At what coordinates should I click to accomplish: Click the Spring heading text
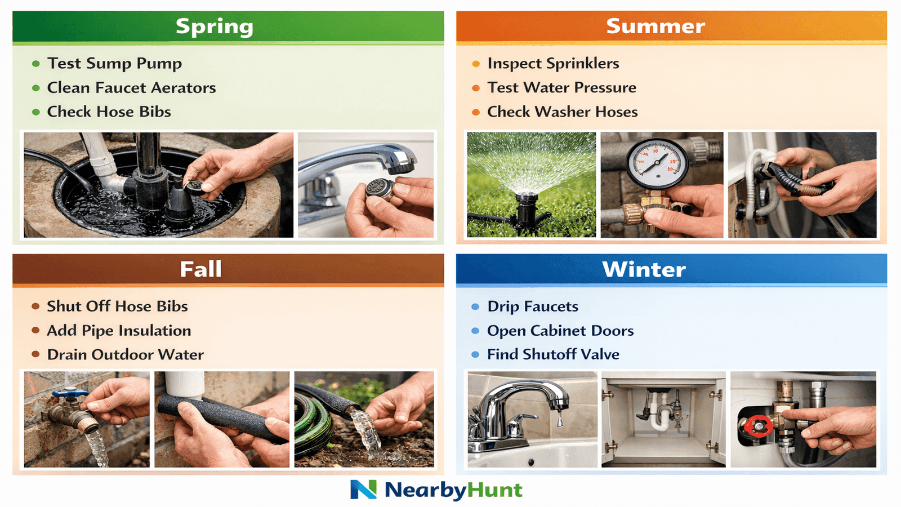pyautogui.click(x=215, y=26)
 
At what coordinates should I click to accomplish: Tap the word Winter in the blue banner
pyautogui.click(x=644, y=269)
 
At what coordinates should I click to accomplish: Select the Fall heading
pyautogui.click(x=201, y=269)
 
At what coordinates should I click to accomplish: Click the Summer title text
pyautogui.click(x=655, y=26)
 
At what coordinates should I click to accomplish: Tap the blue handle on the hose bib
pyautogui.click(x=70, y=394)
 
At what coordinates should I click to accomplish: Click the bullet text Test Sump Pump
pyautogui.click(x=114, y=63)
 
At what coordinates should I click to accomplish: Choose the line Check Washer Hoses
pyautogui.click(x=562, y=112)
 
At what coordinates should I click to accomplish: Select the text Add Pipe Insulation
pyautogui.click(x=119, y=330)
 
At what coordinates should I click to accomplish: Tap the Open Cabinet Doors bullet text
pyautogui.click(x=560, y=331)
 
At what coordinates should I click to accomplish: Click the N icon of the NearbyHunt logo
pyautogui.click(x=363, y=490)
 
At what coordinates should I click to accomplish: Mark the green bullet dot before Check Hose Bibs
pyautogui.click(x=36, y=112)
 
